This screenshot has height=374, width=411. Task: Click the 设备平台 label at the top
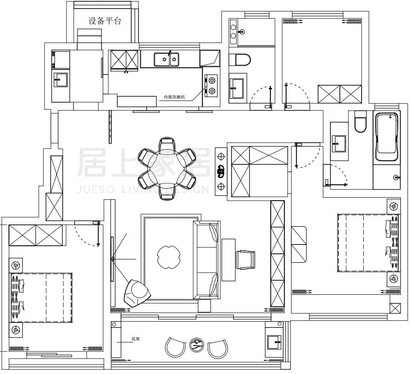pos(104,21)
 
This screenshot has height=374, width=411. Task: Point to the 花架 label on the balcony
pos(136,339)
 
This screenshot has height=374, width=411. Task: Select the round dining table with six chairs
pos(167,168)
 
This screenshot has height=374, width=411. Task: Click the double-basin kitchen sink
pos(167,60)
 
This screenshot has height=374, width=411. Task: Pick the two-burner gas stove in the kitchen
pos(211,84)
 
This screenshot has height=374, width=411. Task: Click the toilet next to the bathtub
pos(361,121)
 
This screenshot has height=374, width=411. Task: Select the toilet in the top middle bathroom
pos(239,59)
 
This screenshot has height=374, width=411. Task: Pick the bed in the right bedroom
pos(369,242)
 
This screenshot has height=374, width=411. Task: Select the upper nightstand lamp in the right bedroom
pos(394,207)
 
